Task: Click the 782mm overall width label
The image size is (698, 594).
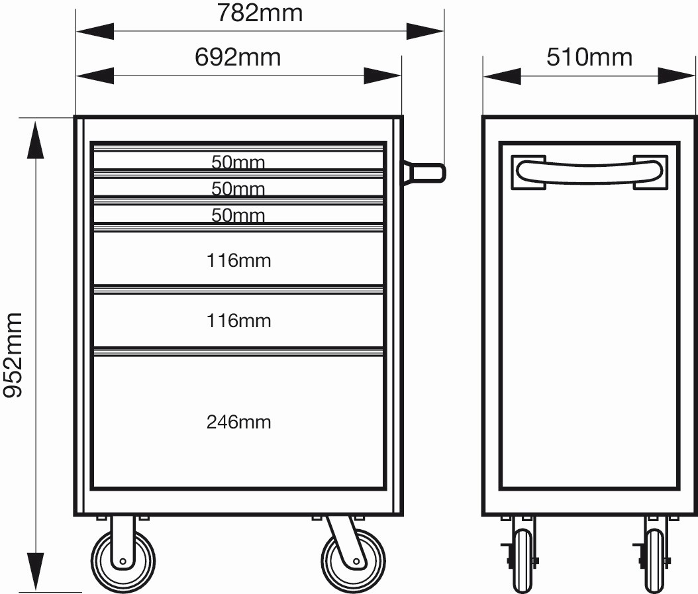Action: [x=260, y=13]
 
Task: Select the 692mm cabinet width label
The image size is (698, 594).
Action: [x=238, y=58]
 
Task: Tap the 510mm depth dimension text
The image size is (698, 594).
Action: [x=589, y=58]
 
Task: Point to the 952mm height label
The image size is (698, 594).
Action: [x=13, y=355]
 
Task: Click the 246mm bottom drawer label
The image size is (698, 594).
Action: [x=238, y=422]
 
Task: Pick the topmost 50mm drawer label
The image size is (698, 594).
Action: [x=238, y=162]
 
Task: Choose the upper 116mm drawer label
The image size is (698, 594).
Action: [x=238, y=260]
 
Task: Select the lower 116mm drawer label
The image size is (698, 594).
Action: [x=238, y=321]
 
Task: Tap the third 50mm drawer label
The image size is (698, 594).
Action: [x=238, y=215]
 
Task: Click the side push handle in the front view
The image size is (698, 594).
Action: [x=424, y=173]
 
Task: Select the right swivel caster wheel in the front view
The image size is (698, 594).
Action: [x=354, y=561]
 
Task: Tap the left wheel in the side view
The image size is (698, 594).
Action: [x=523, y=561]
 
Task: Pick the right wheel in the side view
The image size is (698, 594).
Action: [x=655, y=561]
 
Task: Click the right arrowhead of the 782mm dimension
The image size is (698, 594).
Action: [x=424, y=32]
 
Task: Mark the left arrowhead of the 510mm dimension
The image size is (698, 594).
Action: [x=503, y=76]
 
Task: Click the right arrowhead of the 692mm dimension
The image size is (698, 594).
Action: [x=382, y=76]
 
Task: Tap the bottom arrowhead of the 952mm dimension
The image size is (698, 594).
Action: [x=36, y=571]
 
